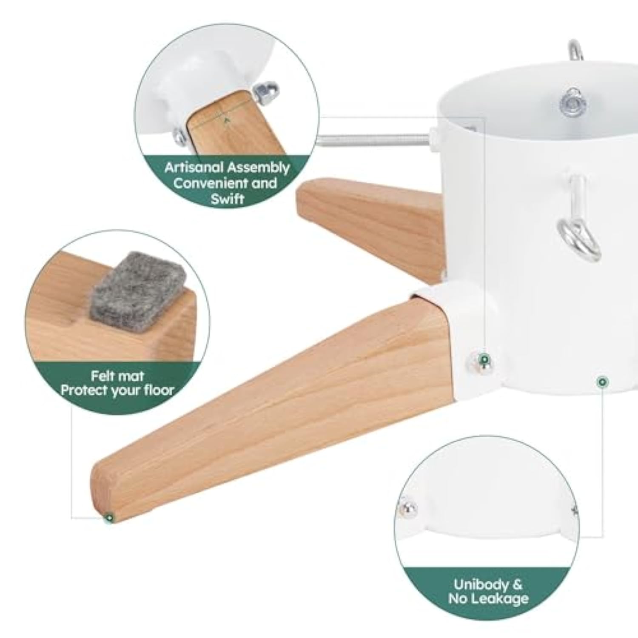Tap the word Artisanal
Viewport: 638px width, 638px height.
pos(193,167)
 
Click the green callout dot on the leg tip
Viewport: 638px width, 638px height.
pos(110,518)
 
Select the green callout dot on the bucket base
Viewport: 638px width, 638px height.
pos(601,382)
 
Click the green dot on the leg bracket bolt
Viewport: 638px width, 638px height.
pos(483,360)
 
